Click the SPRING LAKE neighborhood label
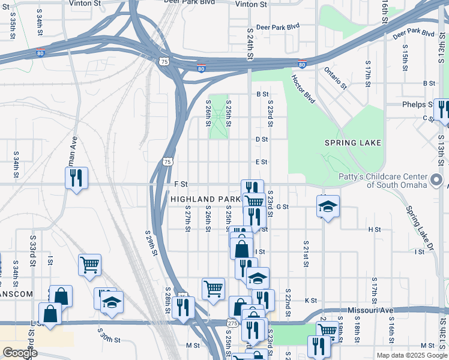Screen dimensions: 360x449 point(352,143)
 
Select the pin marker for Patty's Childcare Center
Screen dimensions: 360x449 point(436,179)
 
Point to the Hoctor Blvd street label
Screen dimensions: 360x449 point(303,89)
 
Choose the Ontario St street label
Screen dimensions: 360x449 point(336,78)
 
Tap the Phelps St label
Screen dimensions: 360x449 point(418,104)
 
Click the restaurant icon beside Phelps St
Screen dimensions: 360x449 point(442,109)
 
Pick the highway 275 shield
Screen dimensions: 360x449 point(231,323)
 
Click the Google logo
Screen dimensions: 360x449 point(20,353)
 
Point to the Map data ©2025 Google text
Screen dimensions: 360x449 point(411,355)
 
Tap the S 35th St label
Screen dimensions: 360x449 point(12,27)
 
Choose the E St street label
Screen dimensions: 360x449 point(261,162)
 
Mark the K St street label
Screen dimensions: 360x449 point(310,300)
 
